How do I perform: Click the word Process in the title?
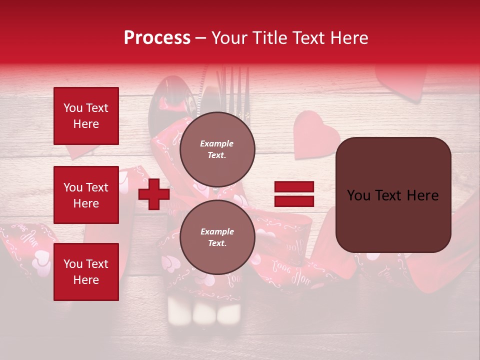click(157, 38)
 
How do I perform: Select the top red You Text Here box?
click(86, 116)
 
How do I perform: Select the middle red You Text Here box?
click(86, 195)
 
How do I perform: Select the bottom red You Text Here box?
click(86, 272)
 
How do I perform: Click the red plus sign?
click(154, 194)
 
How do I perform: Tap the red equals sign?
click(294, 194)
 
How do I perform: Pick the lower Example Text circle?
click(217, 237)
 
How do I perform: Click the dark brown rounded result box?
click(393, 195)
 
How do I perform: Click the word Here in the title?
click(349, 38)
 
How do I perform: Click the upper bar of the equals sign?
click(294, 187)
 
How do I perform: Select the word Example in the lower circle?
click(217, 231)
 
